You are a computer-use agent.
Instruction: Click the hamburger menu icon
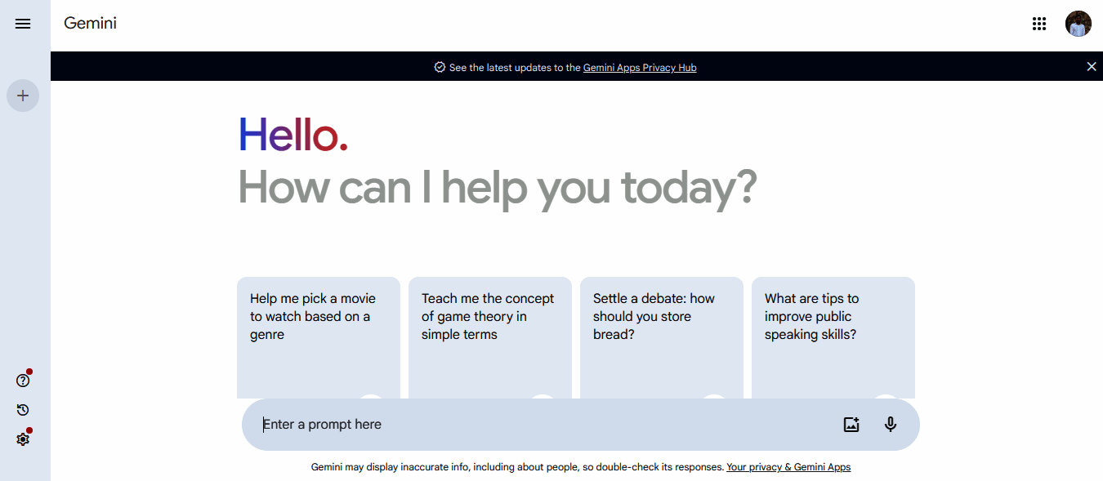pyautogui.click(x=23, y=24)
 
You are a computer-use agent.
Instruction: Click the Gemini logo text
pyautogui.click(x=90, y=23)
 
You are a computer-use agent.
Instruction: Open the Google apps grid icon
pyautogui.click(x=1039, y=24)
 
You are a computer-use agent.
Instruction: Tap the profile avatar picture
pyautogui.click(x=1078, y=24)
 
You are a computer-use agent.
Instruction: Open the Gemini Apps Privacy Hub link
pyautogui.click(x=640, y=68)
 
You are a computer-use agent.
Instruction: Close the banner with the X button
pyautogui.click(x=1092, y=66)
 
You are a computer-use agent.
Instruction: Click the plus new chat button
pyautogui.click(x=23, y=96)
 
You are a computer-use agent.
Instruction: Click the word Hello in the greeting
pyautogui.click(x=293, y=135)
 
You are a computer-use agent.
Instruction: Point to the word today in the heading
pyautogui.click(x=689, y=188)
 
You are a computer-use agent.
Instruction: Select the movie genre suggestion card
pyautogui.click(x=319, y=338)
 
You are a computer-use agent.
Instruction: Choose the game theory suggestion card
pyautogui.click(x=490, y=338)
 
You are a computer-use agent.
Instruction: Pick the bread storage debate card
pyautogui.click(x=662, y=338)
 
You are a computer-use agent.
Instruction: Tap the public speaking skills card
pyautogui.click(x=833, y=338)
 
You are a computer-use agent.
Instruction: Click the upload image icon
pyautogui.click(x=851, y=425)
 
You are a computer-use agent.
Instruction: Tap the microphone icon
pyautogui.click(x=891, y=425)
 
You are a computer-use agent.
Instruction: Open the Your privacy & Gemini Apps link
pyautogui.click(x=788, y=467)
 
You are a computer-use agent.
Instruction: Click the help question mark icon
pyautogui.click(x=23, y=381)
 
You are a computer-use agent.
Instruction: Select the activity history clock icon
pyautogui.click(x=23, y=410)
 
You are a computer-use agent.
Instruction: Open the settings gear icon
pyautogui.click(x=23, y=439)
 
